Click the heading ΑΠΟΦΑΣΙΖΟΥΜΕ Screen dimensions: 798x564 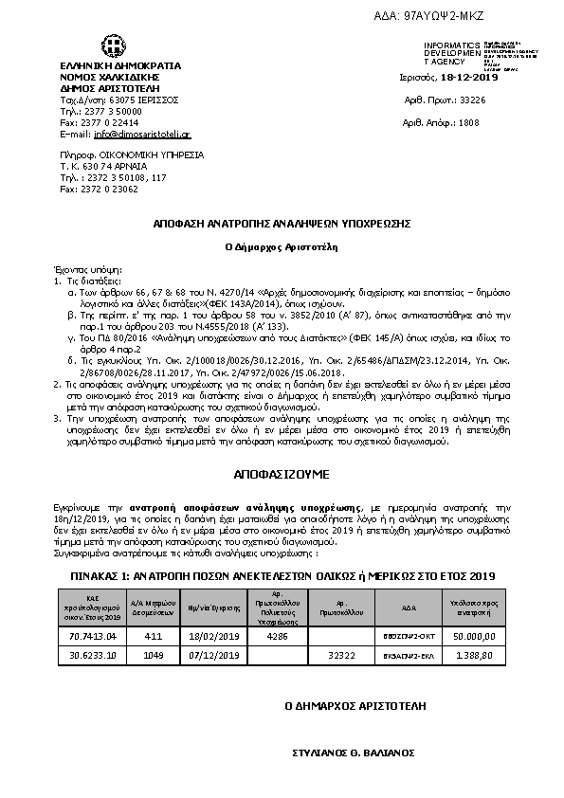pyautogui.click(x=281, y=470)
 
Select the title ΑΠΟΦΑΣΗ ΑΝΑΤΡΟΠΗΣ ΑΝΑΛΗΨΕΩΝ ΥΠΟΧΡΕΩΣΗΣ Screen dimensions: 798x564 pyautogui.click(x=282, y=223)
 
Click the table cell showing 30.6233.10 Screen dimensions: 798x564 pyautogui.click(x=94, y=654)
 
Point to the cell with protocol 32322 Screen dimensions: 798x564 pyautogui.click(x=340, y=654)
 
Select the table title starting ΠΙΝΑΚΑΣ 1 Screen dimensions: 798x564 pyautogui.click(x=282, y=574)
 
